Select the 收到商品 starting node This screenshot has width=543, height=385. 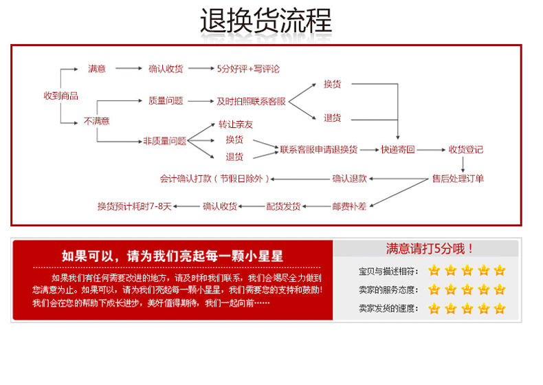pyautogui.click(x=60, y=96)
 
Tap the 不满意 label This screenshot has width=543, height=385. pyautogui.click(x=96, y=121)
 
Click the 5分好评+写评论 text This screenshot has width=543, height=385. pyautogui.click(x=248, y=69)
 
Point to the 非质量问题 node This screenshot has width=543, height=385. pyautogui.click(x=164, y=141)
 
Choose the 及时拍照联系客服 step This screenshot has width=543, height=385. pyautogui.click(x=251, y=101)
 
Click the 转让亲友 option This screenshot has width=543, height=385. pyautogui.click(x=236, y=124)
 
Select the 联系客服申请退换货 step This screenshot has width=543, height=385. pyautogui.click(x=318, y=149)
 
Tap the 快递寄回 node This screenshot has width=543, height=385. pyautogui.click(x=398, y=149)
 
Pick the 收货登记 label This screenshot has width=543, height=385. pyautogui.click(x=466, y=149)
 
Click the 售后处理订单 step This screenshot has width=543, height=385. pyautogui.click(x=458, y=179)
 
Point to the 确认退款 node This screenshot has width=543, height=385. pyautogui.click(x=349, y=179)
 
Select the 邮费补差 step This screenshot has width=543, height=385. pyautogui.click(x=349, y=206)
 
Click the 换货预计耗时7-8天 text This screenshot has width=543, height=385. pyautogui.click(x=134, y=206)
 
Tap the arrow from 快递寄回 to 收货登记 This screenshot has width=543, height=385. pyautogui.click(x=432, y=149)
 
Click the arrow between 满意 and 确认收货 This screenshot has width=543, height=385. pyautogui.click(x=127, y=69)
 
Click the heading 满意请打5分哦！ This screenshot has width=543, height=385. pyautogui.click(x=429, y=249)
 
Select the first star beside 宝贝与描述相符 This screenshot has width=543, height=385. pyautogui.click(x=434, y=270)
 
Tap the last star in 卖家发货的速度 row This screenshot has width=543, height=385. pyautogui.click(x=500, y=309)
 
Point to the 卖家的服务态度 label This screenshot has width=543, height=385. pyautogui.click(x=388, y=289)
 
